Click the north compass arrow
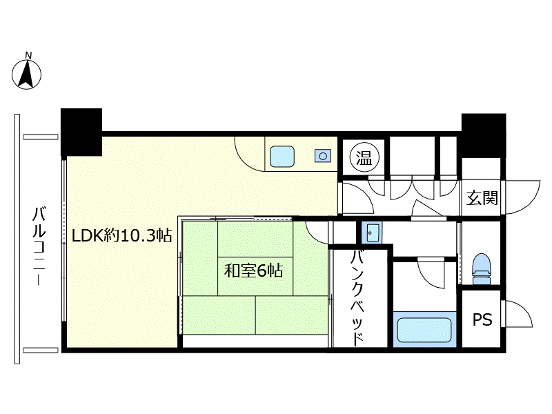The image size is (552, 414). pos(26,74)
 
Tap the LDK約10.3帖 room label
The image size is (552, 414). pos(122,235)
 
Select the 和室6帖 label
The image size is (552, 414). pos(253,271)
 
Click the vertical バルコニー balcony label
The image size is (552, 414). pos(39,246)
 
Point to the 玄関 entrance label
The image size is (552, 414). pos(482,198)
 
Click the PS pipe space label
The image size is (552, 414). pos(482,319)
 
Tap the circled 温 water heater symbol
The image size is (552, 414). pos(364,157)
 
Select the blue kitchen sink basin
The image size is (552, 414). pos(282,157)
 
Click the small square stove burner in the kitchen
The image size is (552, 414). pos(323,156)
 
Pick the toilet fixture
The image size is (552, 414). pos(481,268)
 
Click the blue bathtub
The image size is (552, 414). pos(424,330)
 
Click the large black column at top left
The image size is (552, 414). pos(81,132)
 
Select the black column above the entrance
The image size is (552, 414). pos(484,135)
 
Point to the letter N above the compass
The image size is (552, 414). pos(28,55)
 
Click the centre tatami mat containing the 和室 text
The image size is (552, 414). pos(255,276)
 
